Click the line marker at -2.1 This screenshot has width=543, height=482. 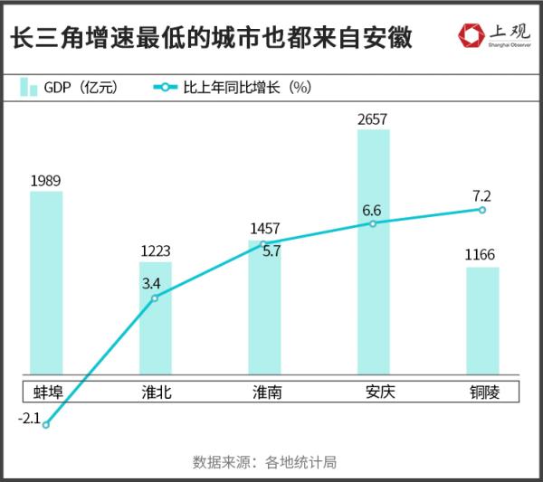[46, 425]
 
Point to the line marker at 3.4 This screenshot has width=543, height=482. [155, 298]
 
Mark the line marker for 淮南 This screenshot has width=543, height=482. [264, 243]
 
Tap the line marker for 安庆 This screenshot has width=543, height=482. [373, 222]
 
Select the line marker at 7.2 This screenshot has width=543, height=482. [482, 210]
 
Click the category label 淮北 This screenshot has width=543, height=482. [156, 392]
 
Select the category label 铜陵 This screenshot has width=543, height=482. [482, 392]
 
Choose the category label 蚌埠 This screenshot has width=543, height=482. [47, 392]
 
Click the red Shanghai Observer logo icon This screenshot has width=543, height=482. [471, 36]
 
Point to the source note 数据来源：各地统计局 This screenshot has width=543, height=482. [264, 461]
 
